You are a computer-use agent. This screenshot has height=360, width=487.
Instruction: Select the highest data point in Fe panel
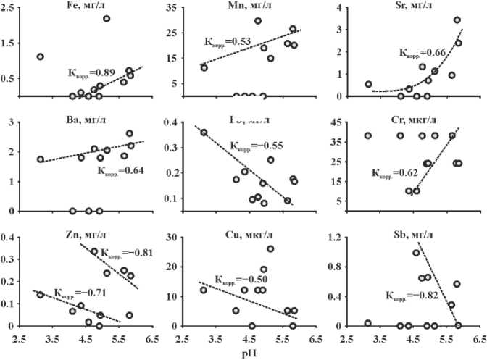pyautogui.click(x=107, y=19)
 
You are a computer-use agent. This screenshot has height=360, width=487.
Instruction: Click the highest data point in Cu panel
pyautogui.click(x=270, y=249)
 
